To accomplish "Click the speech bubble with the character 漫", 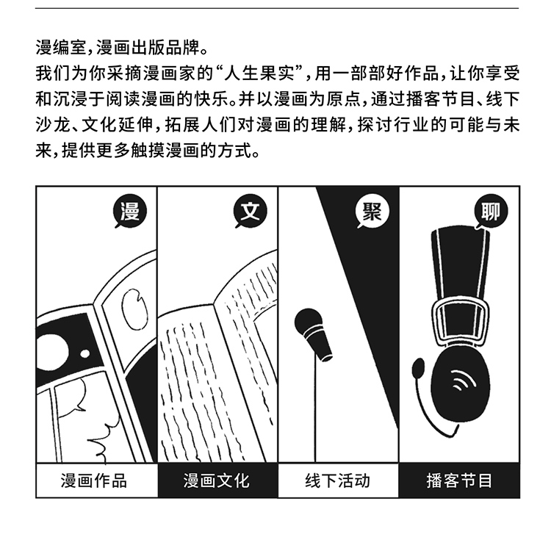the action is (129, 212).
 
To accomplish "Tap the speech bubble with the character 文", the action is (251, 212).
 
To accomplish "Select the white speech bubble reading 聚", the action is (372, 212).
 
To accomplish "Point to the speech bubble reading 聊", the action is (491, 212).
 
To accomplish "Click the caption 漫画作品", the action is (93, 480).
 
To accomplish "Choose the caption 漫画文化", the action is (216, 480).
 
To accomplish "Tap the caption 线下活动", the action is (337, 480).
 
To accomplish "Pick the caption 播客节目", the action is (459, 480).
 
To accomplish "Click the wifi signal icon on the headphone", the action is (463, 380).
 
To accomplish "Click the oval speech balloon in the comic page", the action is (134, 309).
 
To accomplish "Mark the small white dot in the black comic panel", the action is (85, 353).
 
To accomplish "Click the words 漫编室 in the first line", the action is (61, 48).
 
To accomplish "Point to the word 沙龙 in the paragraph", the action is (53, 126).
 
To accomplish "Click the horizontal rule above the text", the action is (277, 8).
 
